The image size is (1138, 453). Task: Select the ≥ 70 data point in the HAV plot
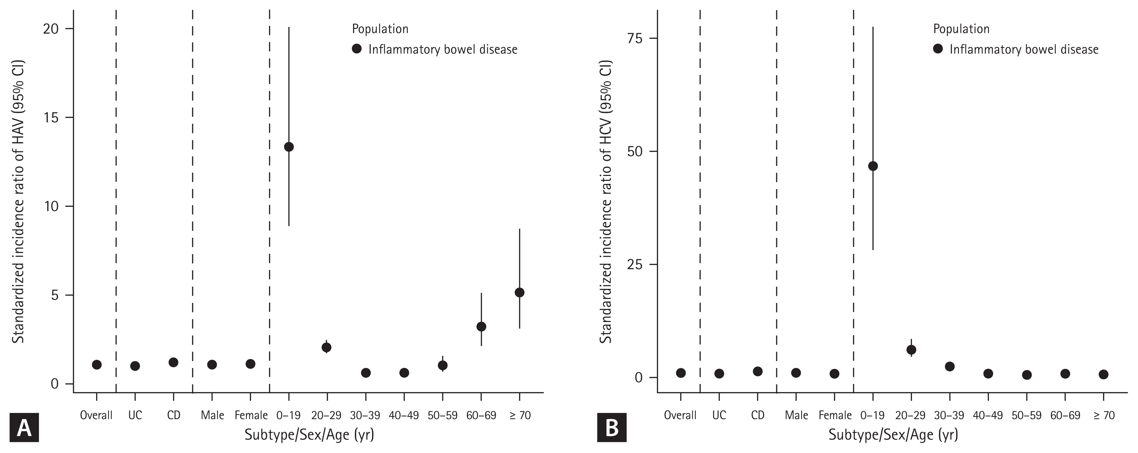click(520, 292)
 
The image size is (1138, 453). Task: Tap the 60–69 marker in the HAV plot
click(481, 327)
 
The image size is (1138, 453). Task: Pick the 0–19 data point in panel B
click(873, 166)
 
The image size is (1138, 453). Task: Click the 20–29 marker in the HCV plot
click(911, 350)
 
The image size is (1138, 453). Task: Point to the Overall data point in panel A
click(97, 365)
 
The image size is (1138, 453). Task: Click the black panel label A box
click(24, 427)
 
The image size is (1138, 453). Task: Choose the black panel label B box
click(611, 427)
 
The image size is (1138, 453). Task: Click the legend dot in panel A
click(357, 49)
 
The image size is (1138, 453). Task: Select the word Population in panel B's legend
click(961, 29)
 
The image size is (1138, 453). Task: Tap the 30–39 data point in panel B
click(949, 366)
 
